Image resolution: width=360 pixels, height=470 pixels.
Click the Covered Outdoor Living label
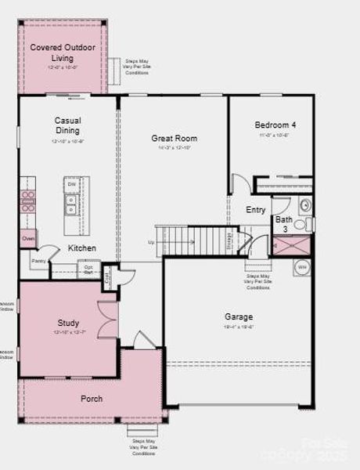coord(63,52)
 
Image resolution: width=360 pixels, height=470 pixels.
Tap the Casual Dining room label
coord(67,125)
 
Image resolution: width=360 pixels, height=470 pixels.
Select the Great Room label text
coord(174,139)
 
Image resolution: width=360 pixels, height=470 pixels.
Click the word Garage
coord(239,317)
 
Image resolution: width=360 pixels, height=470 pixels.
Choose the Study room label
coord(68,323)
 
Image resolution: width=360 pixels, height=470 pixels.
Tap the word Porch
coord(92,399)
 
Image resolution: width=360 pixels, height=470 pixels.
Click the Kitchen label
coord(82,248)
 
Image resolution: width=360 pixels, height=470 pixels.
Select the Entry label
coord(256,210)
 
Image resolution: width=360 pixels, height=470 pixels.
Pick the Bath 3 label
coord(283,224)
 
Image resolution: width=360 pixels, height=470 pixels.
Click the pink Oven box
coord(28,238)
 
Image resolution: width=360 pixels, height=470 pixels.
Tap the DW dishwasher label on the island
coord(70,184)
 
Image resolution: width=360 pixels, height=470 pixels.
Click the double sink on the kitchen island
coord(71,204)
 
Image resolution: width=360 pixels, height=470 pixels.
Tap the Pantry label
coord(38,261)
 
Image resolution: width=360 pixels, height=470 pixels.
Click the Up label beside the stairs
coord(151,242)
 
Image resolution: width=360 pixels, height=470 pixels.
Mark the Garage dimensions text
coord(239,327)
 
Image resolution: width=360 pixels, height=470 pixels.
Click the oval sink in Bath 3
coord(305,205)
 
